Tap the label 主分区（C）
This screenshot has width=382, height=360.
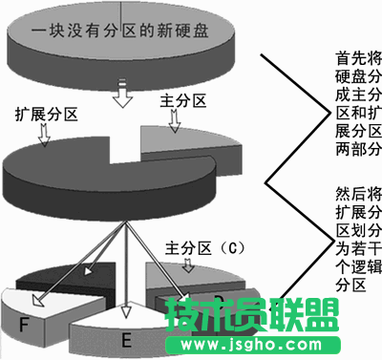pyautogui.click(x=206, y=246)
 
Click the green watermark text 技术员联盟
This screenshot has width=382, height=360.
pyautogui.click(x=252, y=315)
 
